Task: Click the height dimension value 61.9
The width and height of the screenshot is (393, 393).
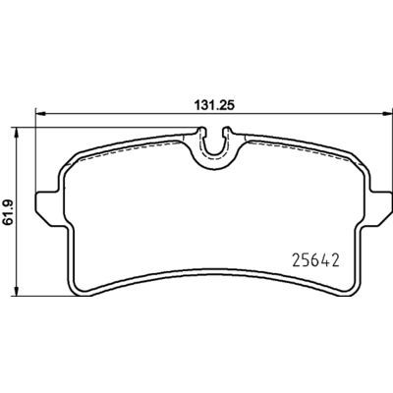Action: pyautogui.click(x=7, y=212)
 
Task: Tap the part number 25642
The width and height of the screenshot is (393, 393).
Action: pyautogui.click(x=314, y=261)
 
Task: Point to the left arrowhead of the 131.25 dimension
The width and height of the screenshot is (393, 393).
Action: pyautogui.click(x=39, y=113)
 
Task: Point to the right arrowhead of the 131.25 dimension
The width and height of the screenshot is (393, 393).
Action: pyautogui.click(x=387, y=113)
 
